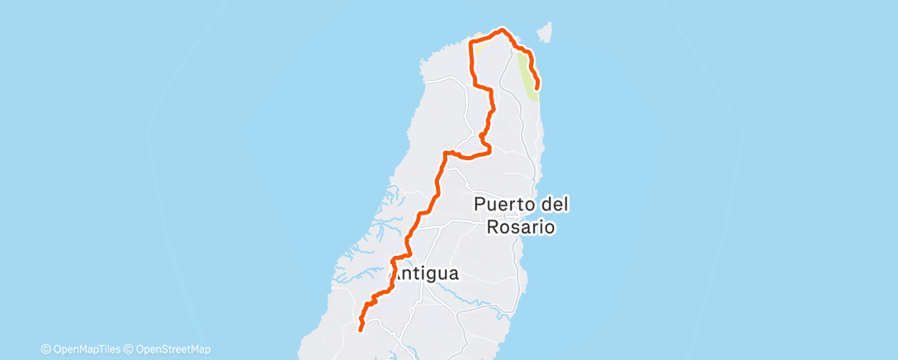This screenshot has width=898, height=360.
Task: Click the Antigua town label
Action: click(428, 274)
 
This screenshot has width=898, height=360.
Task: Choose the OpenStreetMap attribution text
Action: click(172, 349)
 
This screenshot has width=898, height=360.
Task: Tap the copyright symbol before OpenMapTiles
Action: click(45, 349)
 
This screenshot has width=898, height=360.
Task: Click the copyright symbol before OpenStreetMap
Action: click(129, 349)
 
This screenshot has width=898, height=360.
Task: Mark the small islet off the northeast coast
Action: click(544, 32)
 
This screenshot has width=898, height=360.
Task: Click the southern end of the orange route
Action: click(360, 330)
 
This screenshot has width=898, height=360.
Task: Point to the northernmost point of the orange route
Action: click(500, 31)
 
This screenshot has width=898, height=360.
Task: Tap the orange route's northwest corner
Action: click(471, 42)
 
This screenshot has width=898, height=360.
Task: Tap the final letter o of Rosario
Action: click(547, 226)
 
